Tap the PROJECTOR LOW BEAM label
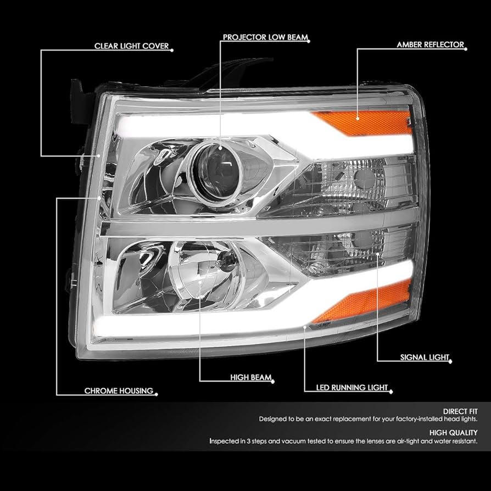[264, 38]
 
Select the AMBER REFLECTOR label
[430, 45]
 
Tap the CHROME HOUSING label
[118, 391]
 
